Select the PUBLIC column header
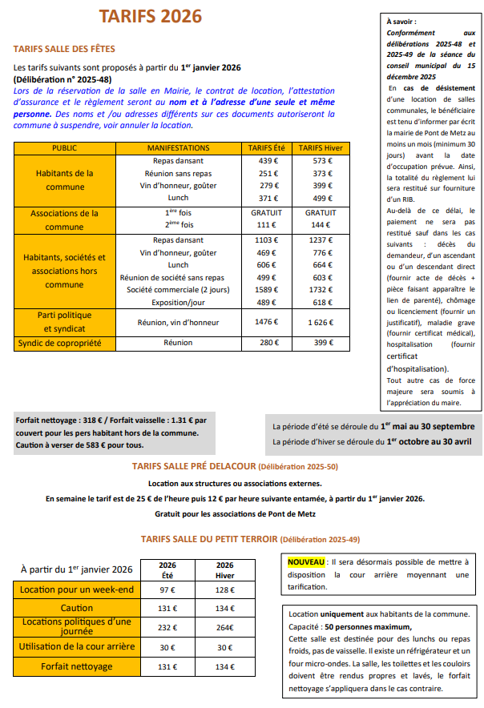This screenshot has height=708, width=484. [x=64, y=148]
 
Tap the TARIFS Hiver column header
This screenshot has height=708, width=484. [x=321, y=148]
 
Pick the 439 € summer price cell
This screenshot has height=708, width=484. [x=268, y=161]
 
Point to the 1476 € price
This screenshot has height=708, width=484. [x=268, y=321]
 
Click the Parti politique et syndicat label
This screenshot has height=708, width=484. [x=65, y=321]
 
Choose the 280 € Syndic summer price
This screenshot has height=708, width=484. [x=268, y=343]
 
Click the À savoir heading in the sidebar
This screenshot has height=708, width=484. [x=401, y=21]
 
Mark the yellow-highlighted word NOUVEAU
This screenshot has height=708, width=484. [x=306, y=562]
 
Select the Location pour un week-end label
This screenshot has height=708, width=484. [x=77, y=590]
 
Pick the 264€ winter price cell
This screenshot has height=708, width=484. [x=225, y=627]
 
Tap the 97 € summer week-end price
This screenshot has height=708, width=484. [x=167, y=590]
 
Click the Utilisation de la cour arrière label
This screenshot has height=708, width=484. [x=77, y=646]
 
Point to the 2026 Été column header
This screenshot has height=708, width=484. [x=167, y=569]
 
